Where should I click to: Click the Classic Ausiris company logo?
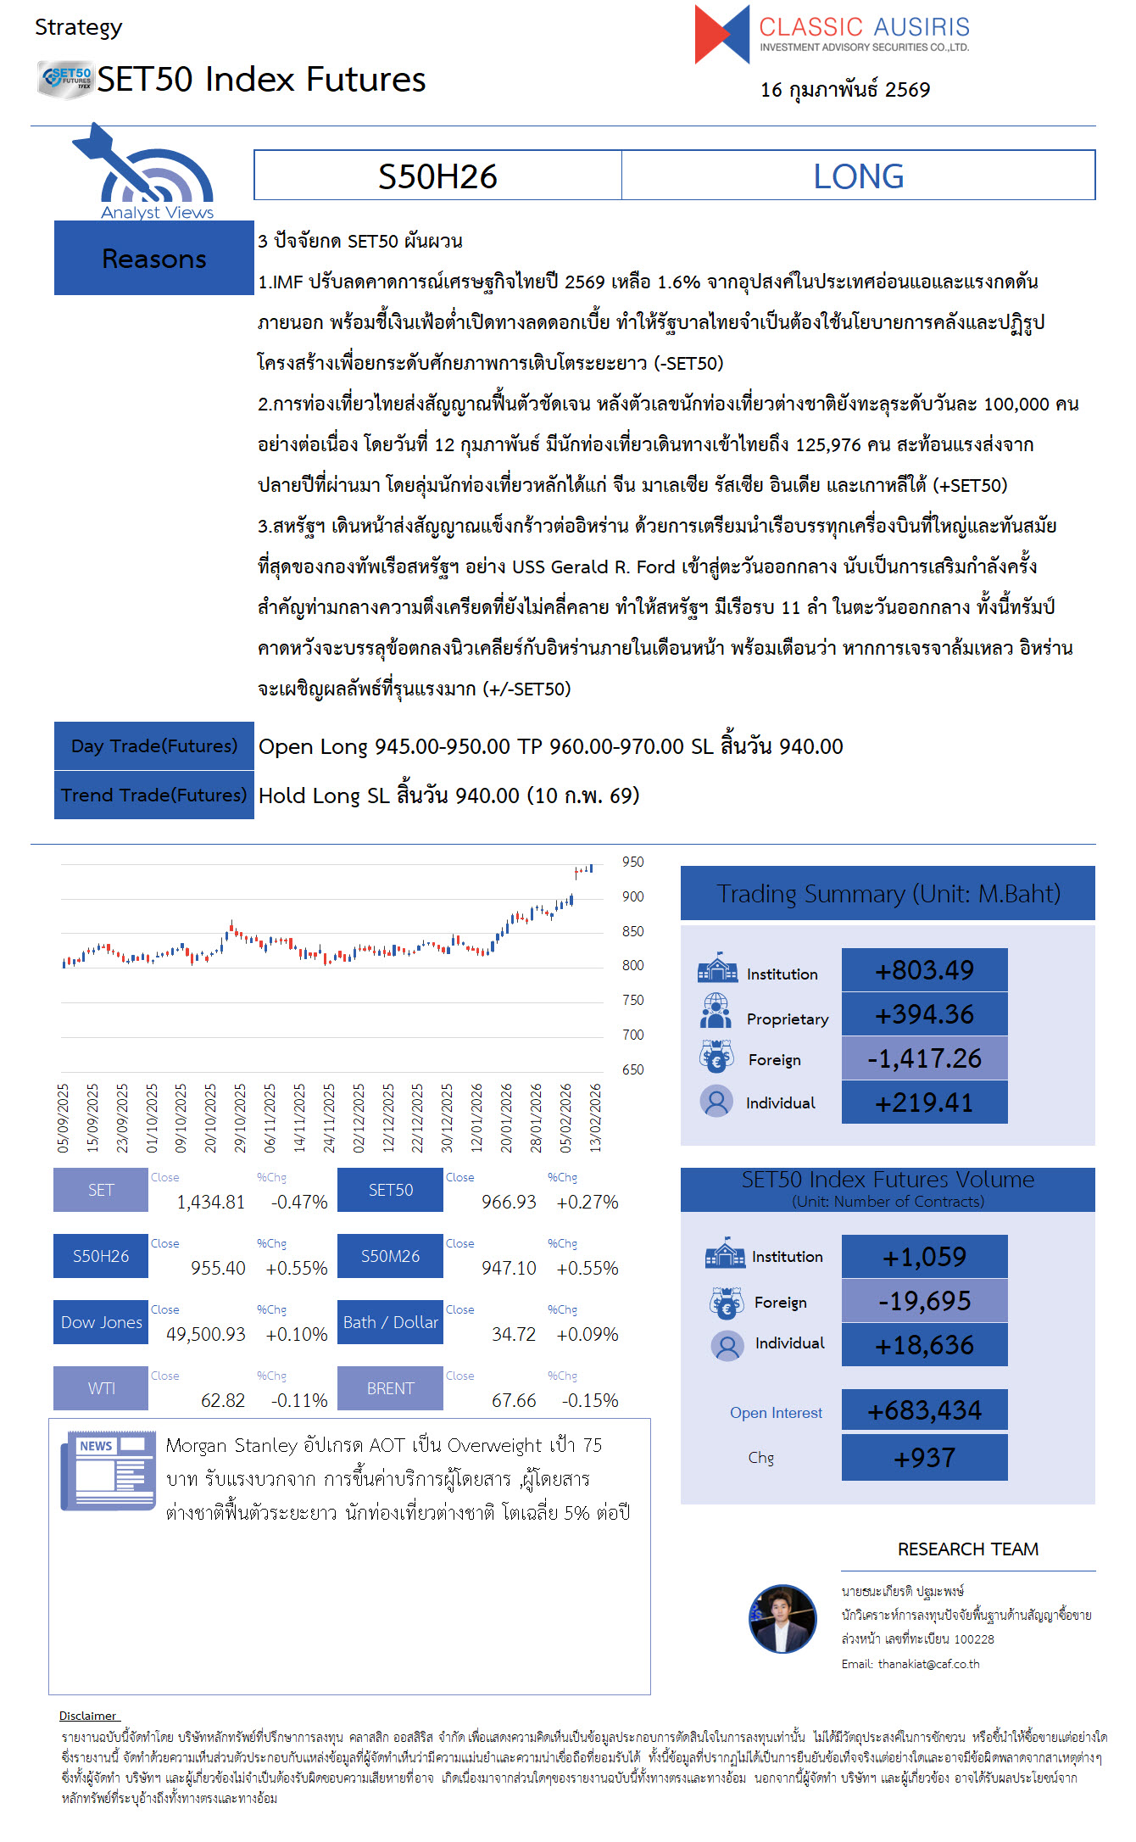click(831, 34)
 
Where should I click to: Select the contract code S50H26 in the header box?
click(437, 176)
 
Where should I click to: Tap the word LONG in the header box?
click(858, 176)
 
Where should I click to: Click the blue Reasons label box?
click(153, 258)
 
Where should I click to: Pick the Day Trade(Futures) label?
click(153, 746)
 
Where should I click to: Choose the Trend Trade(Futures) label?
click(153, 795)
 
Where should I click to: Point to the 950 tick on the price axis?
click(632, 862)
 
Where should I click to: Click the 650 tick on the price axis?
click(632, 1069)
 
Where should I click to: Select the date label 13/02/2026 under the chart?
click(595, 1118)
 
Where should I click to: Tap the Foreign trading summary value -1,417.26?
click(924, 1058)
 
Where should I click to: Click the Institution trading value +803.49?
click(924, 970)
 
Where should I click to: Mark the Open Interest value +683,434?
click(924, 1410)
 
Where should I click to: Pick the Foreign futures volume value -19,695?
click(924, 1301)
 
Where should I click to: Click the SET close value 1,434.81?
click(210, 1202)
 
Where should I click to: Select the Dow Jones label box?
click(101, 1322)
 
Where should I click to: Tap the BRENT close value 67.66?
click(514, 1400)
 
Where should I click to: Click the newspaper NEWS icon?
click(108, 1471)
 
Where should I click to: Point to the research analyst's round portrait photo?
click(782, 1618)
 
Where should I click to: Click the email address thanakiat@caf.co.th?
click(928, 1664)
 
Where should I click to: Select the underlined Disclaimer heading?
click(87, 1716)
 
